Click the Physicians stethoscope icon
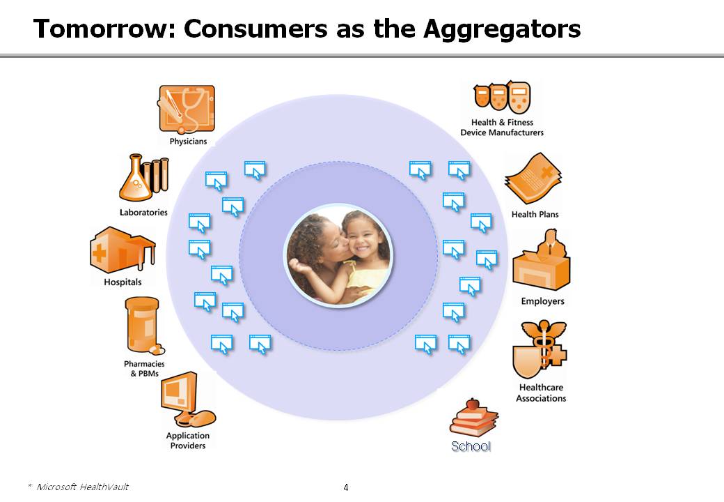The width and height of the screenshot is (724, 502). pos(187,109)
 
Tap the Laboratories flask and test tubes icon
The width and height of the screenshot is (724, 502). pos(144,178)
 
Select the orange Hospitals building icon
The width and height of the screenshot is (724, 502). pos(123,250)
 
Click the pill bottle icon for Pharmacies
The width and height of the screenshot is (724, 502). pos(144,326)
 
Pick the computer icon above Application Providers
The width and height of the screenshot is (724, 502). pos(187,400)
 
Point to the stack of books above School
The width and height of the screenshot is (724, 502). pos(473,418)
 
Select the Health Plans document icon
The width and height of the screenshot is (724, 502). pos(533,178)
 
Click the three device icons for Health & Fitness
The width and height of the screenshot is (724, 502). pos(503,97)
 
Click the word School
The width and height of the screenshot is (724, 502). pos(471,446)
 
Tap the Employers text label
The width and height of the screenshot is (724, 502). pos(542,301)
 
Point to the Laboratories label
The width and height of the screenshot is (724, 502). pos(143,213)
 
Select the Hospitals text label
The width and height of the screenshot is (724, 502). pos(123,282)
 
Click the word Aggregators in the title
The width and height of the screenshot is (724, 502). pos(502,29)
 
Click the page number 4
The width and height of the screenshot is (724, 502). pos(346,487)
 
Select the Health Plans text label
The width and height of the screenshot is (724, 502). pos(535,215)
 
